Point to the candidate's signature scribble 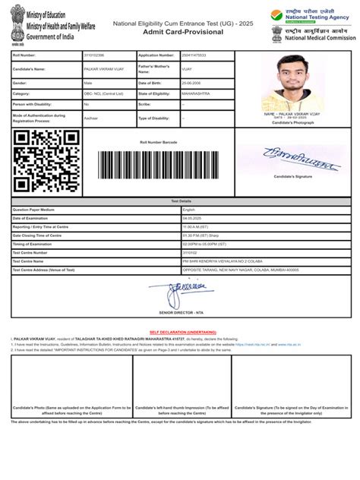(296, 162)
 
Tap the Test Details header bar (180, 201)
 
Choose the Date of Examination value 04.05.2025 (193, 217)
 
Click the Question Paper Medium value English (189, 209)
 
